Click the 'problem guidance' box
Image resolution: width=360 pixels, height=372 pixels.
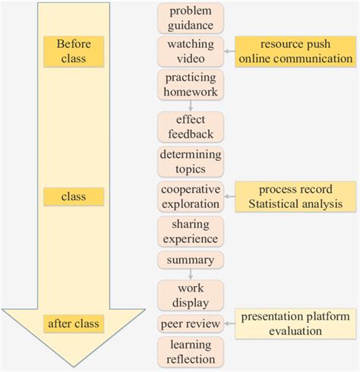click(x=191, y=17)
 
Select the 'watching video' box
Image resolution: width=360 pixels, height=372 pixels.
click(x=191, y=51)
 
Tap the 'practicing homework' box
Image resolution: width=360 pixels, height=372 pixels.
click(x=191, y=84)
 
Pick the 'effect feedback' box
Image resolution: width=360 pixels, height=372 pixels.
click(x=191, y=127)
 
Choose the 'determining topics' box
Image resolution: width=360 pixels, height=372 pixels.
click(x=191, y=162)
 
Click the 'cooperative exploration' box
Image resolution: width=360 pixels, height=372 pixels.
click(x=191, y=196)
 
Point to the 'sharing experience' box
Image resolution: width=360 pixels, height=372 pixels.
click(x=191, y=231)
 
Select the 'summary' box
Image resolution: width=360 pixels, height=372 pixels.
click(x=191, y=260)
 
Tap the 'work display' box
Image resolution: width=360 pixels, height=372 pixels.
click(x=191, y=295)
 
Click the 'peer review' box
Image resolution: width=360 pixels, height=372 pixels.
click(x=191, y=324)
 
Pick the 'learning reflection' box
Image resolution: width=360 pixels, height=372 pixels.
click(x=191, y=352)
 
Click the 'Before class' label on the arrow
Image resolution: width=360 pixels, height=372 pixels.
click(x=73, y=51)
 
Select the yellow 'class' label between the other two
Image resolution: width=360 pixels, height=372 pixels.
click(x=73, y=197)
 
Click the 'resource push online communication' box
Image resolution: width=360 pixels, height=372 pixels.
click(x=294, y=51)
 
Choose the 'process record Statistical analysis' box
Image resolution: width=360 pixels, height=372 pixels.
click(x=295, y=196)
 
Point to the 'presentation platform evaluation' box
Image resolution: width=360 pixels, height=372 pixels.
click(x=294, y=323)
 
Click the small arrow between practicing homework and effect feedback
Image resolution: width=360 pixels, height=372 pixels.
click(x=191, y=106)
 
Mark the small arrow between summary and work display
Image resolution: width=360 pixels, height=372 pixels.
click(x=191, y=274)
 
